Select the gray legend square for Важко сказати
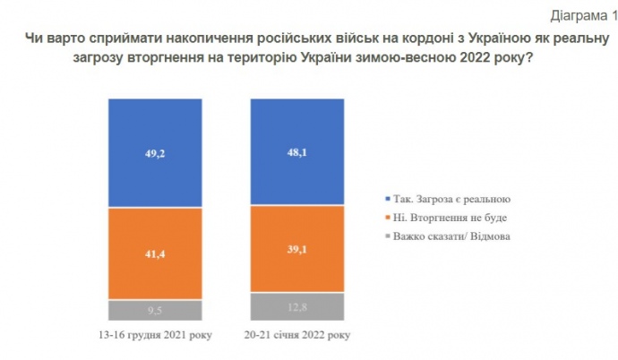point(385,236)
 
